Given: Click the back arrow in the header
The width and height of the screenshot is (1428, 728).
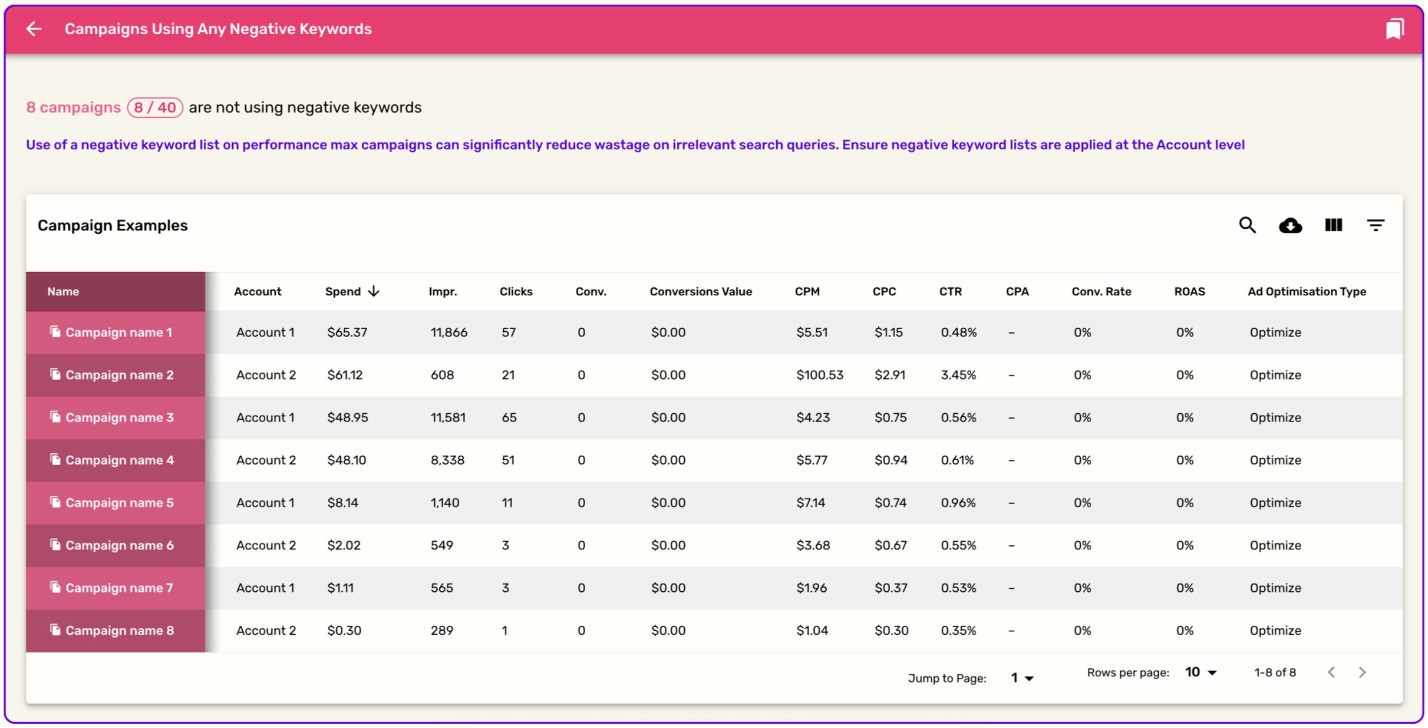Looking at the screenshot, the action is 34,29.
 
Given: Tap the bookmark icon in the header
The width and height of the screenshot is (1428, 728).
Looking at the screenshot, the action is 1394,29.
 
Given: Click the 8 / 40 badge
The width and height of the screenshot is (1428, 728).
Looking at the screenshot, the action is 155,107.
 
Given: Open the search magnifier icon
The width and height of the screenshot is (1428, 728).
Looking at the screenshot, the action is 1247,225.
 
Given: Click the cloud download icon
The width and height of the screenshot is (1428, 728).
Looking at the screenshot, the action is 1290,225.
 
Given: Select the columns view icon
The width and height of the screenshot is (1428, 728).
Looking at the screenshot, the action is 1333,225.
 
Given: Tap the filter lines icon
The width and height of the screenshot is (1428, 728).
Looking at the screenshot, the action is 1376,225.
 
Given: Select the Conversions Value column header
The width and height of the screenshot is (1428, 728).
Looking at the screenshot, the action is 701,291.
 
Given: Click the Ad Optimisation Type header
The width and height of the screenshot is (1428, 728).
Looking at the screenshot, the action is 1307,291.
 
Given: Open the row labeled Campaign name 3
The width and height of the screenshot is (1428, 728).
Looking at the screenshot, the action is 120,417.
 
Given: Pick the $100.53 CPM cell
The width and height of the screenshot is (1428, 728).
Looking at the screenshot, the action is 820,375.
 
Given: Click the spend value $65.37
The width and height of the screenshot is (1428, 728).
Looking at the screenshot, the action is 347,332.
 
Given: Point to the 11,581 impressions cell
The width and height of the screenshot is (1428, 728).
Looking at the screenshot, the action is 448,417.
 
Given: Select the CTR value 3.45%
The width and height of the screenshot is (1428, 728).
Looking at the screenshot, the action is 958,375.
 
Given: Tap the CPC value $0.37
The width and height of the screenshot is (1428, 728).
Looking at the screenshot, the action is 891,588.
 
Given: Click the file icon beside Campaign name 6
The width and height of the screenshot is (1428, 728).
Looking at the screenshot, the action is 55,545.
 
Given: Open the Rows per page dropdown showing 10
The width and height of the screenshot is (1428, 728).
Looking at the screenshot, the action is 1201,672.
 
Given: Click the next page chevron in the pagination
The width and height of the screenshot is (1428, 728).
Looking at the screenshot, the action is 1362,672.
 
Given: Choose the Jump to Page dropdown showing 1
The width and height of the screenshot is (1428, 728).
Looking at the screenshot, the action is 1022,678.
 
